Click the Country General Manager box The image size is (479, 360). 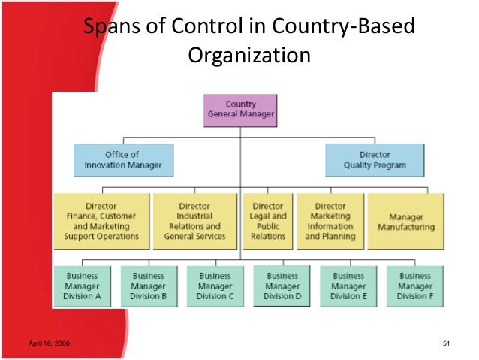(x=240, y=110)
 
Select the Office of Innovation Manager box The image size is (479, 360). (x=122, y=160)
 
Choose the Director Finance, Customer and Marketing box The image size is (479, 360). (x=102, y=221)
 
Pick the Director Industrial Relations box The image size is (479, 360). (x=194, y=221)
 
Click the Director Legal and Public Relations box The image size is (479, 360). (x=268, y=221)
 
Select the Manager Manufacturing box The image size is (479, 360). (x=405, y=221)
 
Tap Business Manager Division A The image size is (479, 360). (x=82, y=286)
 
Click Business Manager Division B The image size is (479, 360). (x=149, y=286)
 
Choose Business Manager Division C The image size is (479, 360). (x=215, y=286)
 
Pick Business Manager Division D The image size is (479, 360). (x=282, y=286)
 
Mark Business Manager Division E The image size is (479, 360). (x=349, y=286)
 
